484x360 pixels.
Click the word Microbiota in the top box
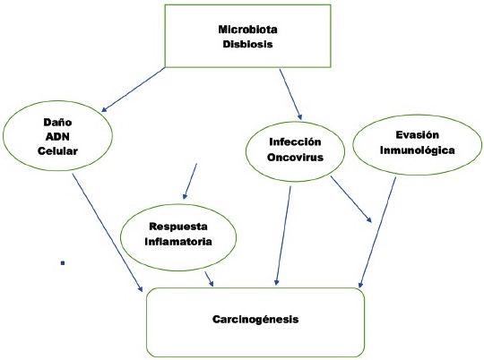247,30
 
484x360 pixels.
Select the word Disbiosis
247,44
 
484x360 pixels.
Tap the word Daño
57,122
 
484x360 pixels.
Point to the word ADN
57,136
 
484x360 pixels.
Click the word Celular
57,150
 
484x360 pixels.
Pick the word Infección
295,141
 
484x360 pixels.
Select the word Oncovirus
295,157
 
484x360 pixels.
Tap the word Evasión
417,135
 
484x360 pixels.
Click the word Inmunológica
417,150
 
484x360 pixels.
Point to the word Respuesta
178,227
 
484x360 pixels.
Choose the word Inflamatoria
178,241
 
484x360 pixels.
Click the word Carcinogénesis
255,319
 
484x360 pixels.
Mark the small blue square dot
63,263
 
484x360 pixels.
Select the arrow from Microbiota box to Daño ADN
134,90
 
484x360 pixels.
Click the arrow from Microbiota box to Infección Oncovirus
290,94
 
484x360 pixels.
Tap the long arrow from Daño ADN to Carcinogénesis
108,233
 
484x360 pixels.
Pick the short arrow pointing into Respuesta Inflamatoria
190,181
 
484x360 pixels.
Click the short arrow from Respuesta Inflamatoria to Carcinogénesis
209,279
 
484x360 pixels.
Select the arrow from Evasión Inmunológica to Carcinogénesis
377,233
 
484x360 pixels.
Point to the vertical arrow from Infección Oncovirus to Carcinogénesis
283,236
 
